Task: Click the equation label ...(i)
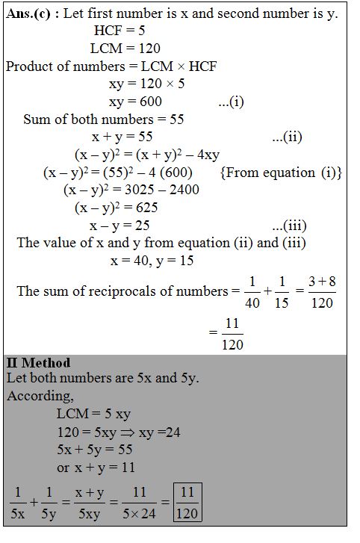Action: click(x=231, y=102)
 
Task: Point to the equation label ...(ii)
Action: click(x=287, y=137)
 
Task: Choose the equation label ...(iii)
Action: click(x=289, y=226)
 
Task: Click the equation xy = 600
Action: click(x=135, y=102)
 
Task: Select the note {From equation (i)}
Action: click(x=281, y=173)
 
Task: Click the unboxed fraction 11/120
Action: click(x=232, y=333)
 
